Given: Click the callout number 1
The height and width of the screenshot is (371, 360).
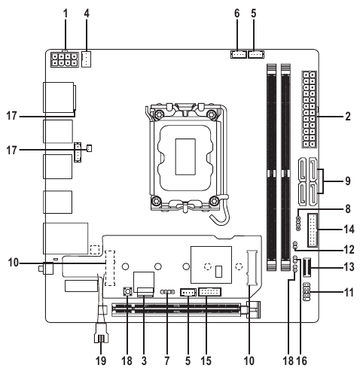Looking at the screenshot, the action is pyautogui.click(x=66, y=14).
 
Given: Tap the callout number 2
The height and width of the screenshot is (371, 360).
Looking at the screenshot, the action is pyautogui.click(x=348, y=117).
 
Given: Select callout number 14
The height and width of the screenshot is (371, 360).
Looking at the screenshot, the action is pyautogui.click(x=349, y=230).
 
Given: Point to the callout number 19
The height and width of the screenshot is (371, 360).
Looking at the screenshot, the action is pyautogui.click(x=101, y=361).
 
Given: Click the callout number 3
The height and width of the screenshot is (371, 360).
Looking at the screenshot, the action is pyautogui.click(x=144, y=361).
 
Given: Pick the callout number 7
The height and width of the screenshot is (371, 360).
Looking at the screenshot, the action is pyautogui.click(x=167, y=361).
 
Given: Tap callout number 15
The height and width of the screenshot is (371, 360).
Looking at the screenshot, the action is pyautogui.click(x=206, y=361).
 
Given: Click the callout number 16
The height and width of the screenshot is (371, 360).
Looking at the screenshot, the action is pyautogui.click(x=302, y=361).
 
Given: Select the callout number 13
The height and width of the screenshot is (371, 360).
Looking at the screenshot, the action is pyautogui.click(x=349, y=267).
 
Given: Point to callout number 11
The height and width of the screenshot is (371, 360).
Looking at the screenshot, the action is pyautogui.click(x=349, y=293).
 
